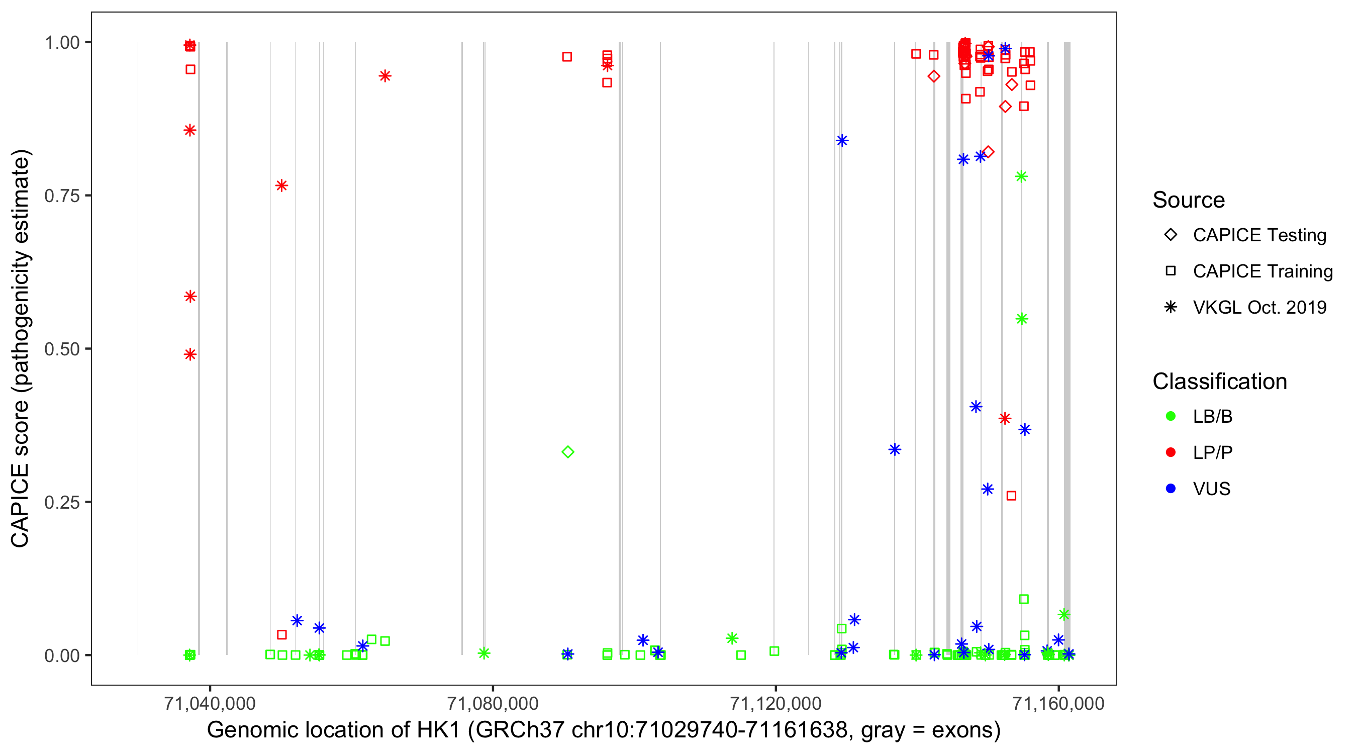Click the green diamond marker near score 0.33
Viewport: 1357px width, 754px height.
pyautogui.click(x=567, y=451)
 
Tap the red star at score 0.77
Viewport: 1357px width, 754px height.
pyautogui.click(x=281, y=185)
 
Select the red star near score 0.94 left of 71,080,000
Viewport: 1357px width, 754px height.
pyautogui.click(x=384, y=76)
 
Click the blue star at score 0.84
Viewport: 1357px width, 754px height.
pyautogui.click(x=842, y=140)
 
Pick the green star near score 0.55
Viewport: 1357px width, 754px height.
pyautogui.click(x=1021, y=319)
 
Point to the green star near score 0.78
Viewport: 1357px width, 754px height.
pyautogui.click(x=1021, y=176)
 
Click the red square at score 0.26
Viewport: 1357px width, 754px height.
pyautogui.click(x=1011, y=496)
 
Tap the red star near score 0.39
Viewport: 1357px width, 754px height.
pyautogui.click(x=1005, y=418)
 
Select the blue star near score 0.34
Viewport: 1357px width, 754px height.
pyautogui.click(x=895, y=449)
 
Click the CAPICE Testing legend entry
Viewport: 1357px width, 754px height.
pyautogui.click(x=1259, y=235)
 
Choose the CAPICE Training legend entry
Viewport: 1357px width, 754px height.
pyautogui.click(x=1262, y=271)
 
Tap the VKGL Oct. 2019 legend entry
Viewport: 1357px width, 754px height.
pyautogui.click(x=1259, y=307)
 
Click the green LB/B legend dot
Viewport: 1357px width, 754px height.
pyautogui.click(x=1171, y=416)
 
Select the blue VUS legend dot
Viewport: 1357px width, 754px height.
pyautogui.click(x=1171, y=489)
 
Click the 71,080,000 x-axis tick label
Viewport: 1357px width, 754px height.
pyautogui.click(x=493, y=703)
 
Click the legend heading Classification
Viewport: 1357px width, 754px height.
pyautogui.click(x=1219, y=382)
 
